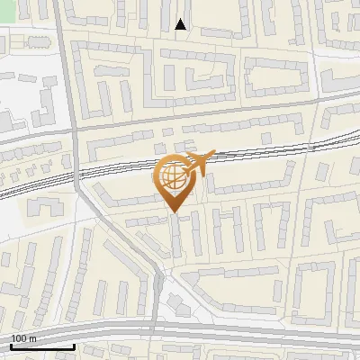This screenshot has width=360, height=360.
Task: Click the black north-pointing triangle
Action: point(180,24)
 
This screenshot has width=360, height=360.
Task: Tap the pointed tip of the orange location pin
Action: point(172,211)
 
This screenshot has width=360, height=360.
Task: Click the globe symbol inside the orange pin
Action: point(171,175)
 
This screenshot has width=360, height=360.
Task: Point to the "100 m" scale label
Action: point(23,338)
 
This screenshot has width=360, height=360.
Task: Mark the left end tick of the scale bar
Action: point(11,345)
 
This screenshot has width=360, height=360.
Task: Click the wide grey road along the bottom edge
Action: point(252,333)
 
